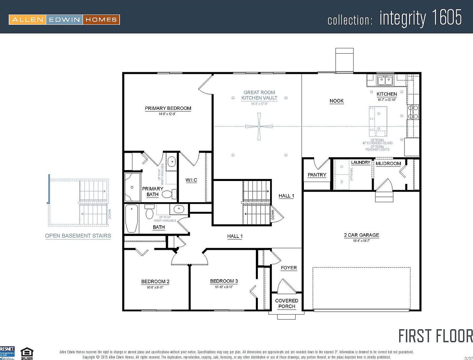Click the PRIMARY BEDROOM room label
coord(168,108)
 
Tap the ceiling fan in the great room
coord(259,126)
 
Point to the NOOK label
coord(336,101)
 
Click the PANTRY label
coord(317,175)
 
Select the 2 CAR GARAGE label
coord(361,235)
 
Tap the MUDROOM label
coord(388,163)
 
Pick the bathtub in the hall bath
coord(132,218)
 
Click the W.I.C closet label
coord(191,180)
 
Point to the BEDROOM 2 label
coord(155,282)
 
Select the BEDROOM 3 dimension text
coord(224,287)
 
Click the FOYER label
coord(289,268)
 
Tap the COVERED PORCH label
coord(287,303)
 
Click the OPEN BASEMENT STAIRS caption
coord(78,236)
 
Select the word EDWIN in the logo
coord(65,20)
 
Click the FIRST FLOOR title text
coord(435,336)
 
